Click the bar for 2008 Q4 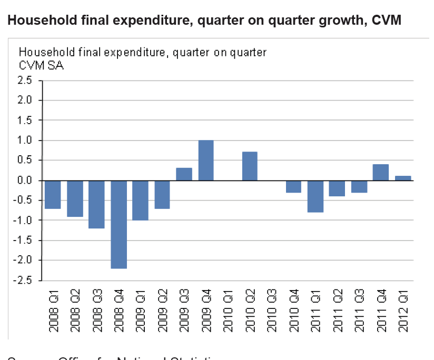(119, 224)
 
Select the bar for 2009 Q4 (206, 161)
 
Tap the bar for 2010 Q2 (250, 166)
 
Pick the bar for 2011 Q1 (315, 196)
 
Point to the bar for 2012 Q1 (403, 178)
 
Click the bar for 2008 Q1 (53, 194)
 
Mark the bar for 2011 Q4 (381, 172)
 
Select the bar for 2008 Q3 (96, 204)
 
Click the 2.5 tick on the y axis (25, 81)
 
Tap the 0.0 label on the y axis (25, 181)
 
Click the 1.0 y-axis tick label (25, 141)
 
